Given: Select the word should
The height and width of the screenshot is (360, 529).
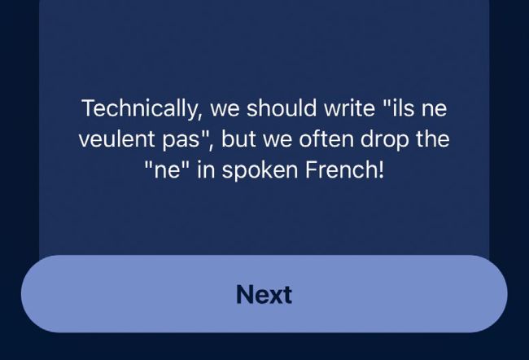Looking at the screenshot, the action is tap(282, 108).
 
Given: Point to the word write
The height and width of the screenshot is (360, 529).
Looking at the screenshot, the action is tap(349, 108).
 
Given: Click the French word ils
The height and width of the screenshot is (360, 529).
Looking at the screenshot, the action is tap(404, 108).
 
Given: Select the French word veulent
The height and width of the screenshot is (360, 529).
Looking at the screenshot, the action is tap(117, 138).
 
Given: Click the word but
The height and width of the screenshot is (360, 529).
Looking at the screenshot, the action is tap(238, 138).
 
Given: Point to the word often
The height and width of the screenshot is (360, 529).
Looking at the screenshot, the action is tap(326, 138).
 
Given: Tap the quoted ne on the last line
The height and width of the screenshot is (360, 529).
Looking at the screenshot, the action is tap(166, 170).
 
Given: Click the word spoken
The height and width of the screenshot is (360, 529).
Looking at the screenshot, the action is tap(260, 170).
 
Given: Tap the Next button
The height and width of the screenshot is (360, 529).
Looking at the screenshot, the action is tap(264, 294).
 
